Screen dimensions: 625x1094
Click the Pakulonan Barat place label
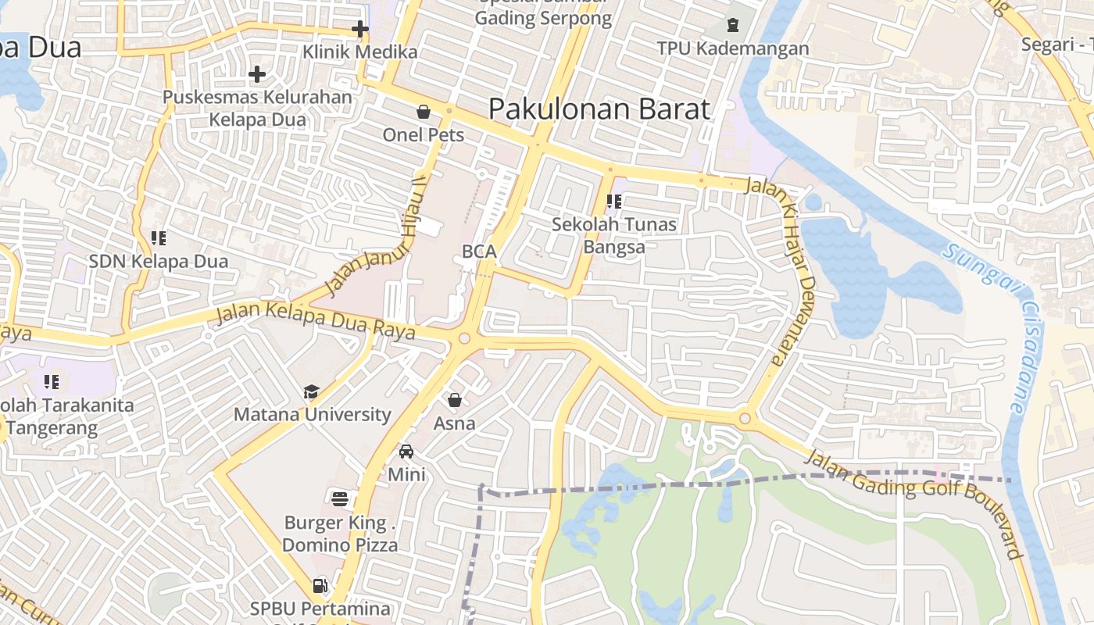(599, 109)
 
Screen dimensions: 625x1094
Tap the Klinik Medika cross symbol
(359, 30)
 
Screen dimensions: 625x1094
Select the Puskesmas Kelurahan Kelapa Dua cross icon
(257, 74)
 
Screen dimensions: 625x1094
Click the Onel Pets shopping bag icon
(424, 112)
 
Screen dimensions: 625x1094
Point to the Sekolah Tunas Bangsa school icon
(614, 202)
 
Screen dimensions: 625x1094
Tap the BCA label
(479, 252)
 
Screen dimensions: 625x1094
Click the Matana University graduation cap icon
(311, 391)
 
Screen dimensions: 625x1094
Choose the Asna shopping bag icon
(455, 400)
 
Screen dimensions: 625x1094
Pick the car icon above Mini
(406, 451)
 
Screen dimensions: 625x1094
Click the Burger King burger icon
(340, 498)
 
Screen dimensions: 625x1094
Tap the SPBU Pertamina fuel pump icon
(320, 584)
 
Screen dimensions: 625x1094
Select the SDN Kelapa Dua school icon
(159, 237)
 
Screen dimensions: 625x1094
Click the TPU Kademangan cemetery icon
(733, 25)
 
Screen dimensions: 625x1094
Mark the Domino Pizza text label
(340, 545)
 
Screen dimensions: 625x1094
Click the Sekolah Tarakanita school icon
(52, 382)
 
